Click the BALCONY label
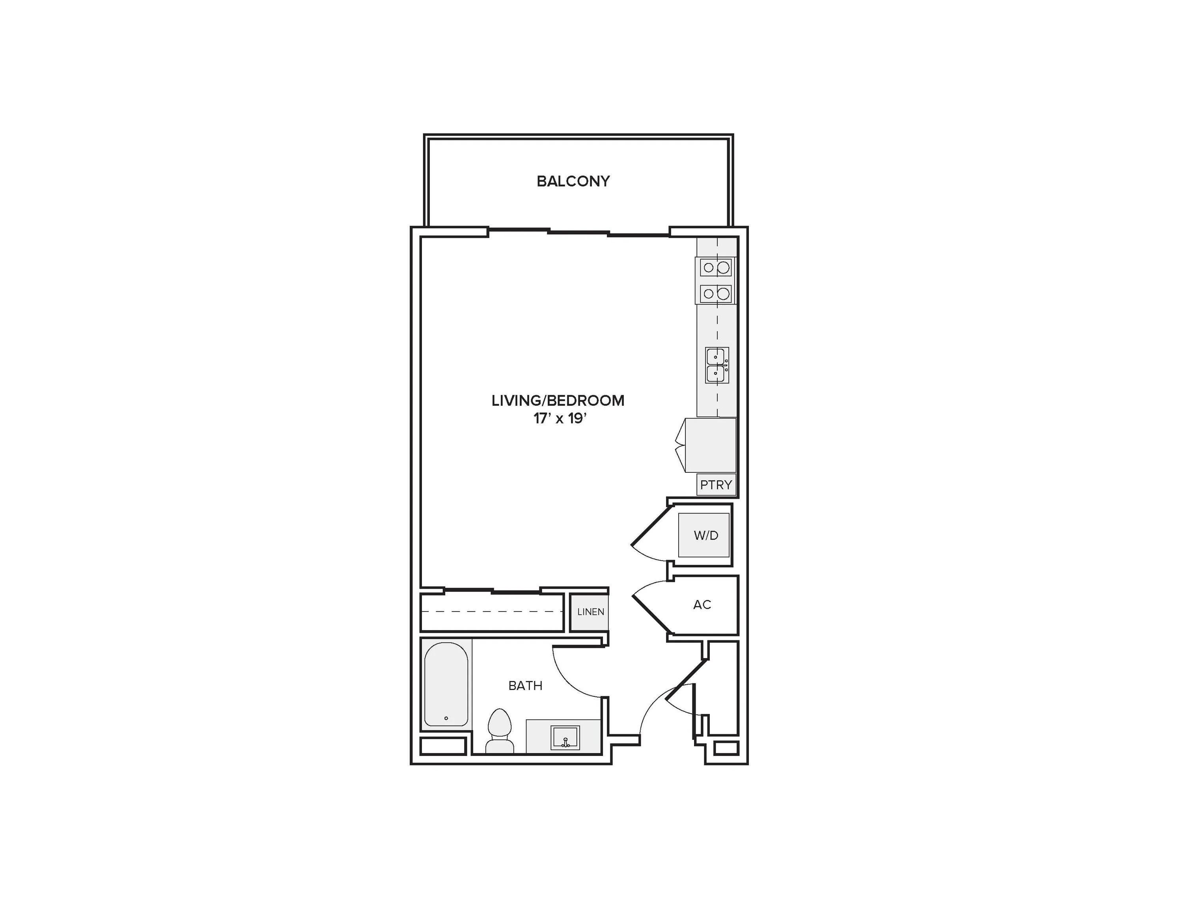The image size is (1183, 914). (573, 181)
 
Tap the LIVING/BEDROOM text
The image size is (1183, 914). (558, 400)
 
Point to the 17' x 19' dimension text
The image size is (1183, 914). (560, 419)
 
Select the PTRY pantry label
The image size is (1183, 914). (716, 485)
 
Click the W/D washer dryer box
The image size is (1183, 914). (703, 535)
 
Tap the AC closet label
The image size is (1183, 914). (702, 604)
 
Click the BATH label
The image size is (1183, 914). (525, 685)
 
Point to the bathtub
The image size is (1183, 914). (446, 684)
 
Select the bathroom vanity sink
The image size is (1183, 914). (565, 737)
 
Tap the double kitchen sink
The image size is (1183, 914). (717, 365)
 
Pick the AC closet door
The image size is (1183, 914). (652, 615)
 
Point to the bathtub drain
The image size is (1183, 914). (446, 718)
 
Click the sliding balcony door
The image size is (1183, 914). (578, 232)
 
